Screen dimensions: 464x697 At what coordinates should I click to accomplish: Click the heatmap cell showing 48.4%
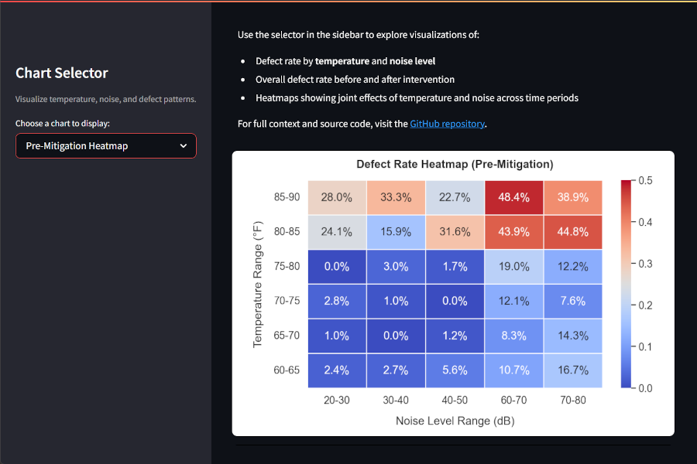[513, 197]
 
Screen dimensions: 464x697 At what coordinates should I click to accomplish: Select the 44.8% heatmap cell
[572, 231]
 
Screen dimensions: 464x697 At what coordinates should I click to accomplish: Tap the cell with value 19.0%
[513, 266]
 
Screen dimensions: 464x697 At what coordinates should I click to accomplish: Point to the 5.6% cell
[455, 370]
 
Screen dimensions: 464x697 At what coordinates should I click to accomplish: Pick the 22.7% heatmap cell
[455, 197]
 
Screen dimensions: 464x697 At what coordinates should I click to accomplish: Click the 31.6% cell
[455, 231]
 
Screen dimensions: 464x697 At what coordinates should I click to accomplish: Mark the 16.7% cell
[572, 370]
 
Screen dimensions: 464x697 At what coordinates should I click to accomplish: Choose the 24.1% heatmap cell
[337, 231]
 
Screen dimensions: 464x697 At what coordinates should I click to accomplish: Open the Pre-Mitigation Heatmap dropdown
[106, 146]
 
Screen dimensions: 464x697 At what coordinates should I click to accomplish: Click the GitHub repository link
[447, 124]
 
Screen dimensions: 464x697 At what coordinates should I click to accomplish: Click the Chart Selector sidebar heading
[62, 73]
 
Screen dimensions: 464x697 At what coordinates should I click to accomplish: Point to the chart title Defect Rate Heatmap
[455, 165]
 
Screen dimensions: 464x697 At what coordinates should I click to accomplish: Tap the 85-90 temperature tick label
[287, 197]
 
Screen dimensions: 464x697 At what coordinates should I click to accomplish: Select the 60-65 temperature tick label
[287, 370]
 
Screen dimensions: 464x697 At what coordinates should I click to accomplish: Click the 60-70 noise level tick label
[513, 400]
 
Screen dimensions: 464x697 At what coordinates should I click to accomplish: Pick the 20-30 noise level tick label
[337, 400]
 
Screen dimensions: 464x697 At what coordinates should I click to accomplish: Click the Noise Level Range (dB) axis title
[455, 421]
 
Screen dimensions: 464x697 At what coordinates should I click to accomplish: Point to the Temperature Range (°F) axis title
[258, 283]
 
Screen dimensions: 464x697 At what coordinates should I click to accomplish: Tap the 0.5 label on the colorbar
[644, 180]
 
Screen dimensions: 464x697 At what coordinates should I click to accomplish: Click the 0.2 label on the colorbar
[644, 305]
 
